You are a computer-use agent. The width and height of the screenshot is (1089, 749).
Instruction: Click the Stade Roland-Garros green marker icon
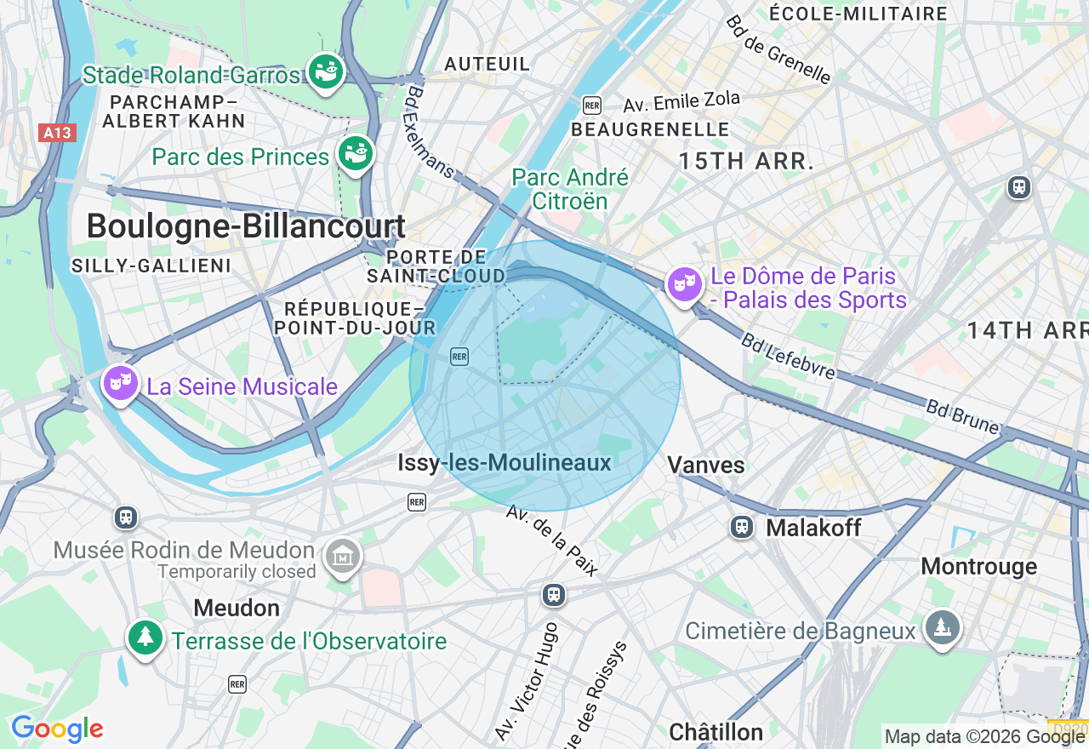324,71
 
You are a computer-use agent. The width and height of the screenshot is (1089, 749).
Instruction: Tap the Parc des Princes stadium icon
356,154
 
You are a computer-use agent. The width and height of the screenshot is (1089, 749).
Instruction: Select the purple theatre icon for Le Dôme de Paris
684,284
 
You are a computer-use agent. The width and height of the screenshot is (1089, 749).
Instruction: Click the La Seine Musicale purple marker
121,383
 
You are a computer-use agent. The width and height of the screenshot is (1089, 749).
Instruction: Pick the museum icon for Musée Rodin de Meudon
342,557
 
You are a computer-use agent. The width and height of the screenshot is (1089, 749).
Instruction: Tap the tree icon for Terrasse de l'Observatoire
145,638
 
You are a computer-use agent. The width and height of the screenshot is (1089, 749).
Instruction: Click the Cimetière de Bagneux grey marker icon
941,628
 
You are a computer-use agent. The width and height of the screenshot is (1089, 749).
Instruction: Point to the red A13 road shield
57,133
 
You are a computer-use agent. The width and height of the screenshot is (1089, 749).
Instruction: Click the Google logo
57,729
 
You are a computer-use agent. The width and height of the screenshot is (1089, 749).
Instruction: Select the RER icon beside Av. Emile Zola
592,106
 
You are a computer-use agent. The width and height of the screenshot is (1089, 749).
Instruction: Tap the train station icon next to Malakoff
742,527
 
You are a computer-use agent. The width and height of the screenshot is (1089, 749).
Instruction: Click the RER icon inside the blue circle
459,357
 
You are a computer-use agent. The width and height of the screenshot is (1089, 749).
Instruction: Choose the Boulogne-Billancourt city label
246,226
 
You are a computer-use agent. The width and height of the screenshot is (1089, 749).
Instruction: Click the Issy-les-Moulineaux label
505,462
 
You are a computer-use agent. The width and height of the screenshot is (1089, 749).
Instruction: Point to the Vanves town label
705,465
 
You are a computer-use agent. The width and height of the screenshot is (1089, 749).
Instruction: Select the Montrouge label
978,566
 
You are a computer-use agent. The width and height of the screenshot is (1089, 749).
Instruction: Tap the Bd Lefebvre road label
788,356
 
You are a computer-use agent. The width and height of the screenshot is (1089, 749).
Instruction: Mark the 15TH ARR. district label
746,161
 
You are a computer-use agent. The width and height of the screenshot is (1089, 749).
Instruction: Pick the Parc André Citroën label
570,189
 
